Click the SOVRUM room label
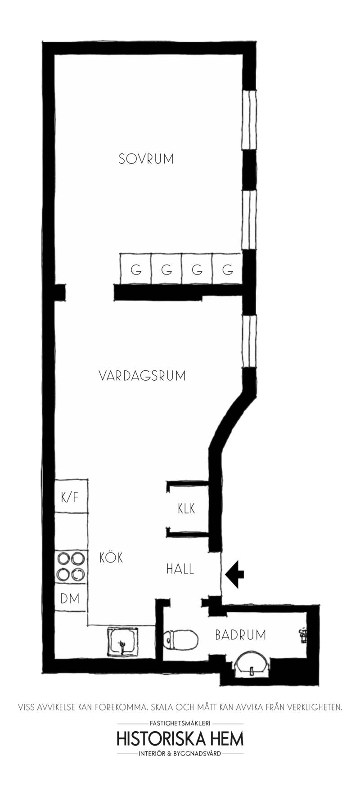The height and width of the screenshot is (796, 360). click(146, 159)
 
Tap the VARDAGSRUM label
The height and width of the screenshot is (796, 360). click(142, 376)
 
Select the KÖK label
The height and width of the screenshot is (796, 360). click(111, 557)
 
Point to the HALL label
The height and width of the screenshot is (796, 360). click(180, 569)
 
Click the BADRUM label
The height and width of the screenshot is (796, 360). click(240, 635)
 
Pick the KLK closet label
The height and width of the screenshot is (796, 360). click(186, 508)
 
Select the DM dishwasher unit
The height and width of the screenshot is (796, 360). click(71, 598)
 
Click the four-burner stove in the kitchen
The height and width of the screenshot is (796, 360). click(71, 567)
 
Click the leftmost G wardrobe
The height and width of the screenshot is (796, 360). click(135, 269)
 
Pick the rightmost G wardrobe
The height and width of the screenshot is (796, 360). click(228, 269)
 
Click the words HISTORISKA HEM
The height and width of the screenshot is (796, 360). click(180, 739)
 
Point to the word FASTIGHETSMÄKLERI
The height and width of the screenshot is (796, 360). click(180, 724)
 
